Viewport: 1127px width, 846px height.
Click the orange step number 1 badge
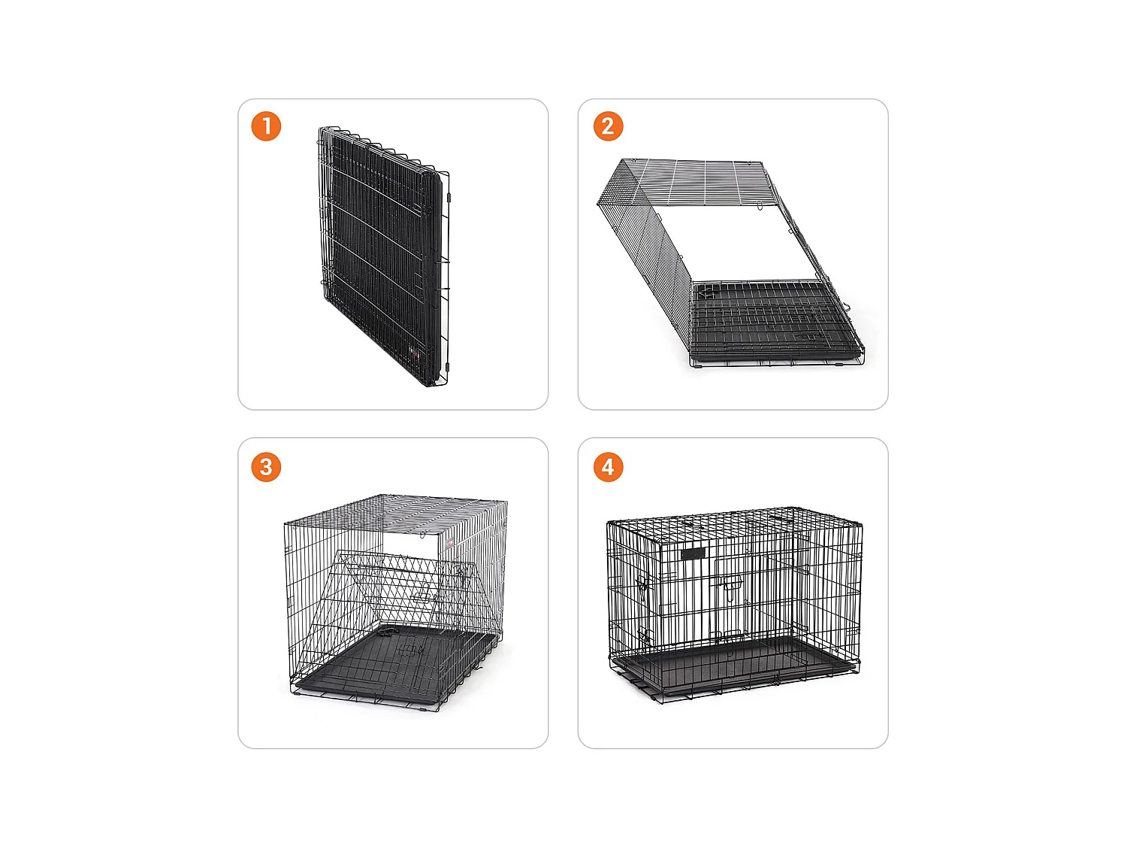[266, 126]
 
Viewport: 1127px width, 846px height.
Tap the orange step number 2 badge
[608, 126]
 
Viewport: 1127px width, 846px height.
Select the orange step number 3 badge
[266, 467]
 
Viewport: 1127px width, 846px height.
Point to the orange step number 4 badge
[608, 467]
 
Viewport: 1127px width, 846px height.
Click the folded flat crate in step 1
[383, 256]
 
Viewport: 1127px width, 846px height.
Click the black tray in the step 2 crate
[775, 323]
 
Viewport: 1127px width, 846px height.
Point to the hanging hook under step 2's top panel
[759, 206]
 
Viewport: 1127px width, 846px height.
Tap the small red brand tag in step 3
[449, 543]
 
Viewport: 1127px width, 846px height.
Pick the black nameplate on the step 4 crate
[693, 553]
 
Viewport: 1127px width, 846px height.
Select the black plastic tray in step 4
[734, 663]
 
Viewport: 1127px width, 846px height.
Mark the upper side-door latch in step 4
[642, 586]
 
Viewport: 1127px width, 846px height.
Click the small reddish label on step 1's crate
[414, 353]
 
